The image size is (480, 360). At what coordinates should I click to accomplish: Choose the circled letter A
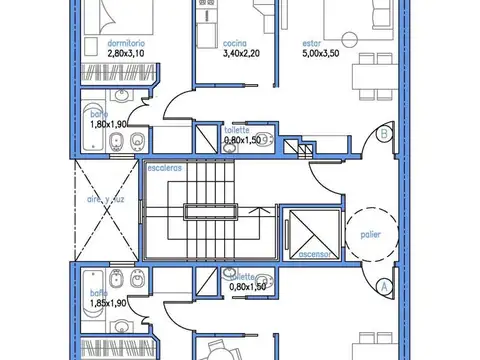point(384,285)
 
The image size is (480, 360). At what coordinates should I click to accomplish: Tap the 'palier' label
point(370,235)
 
